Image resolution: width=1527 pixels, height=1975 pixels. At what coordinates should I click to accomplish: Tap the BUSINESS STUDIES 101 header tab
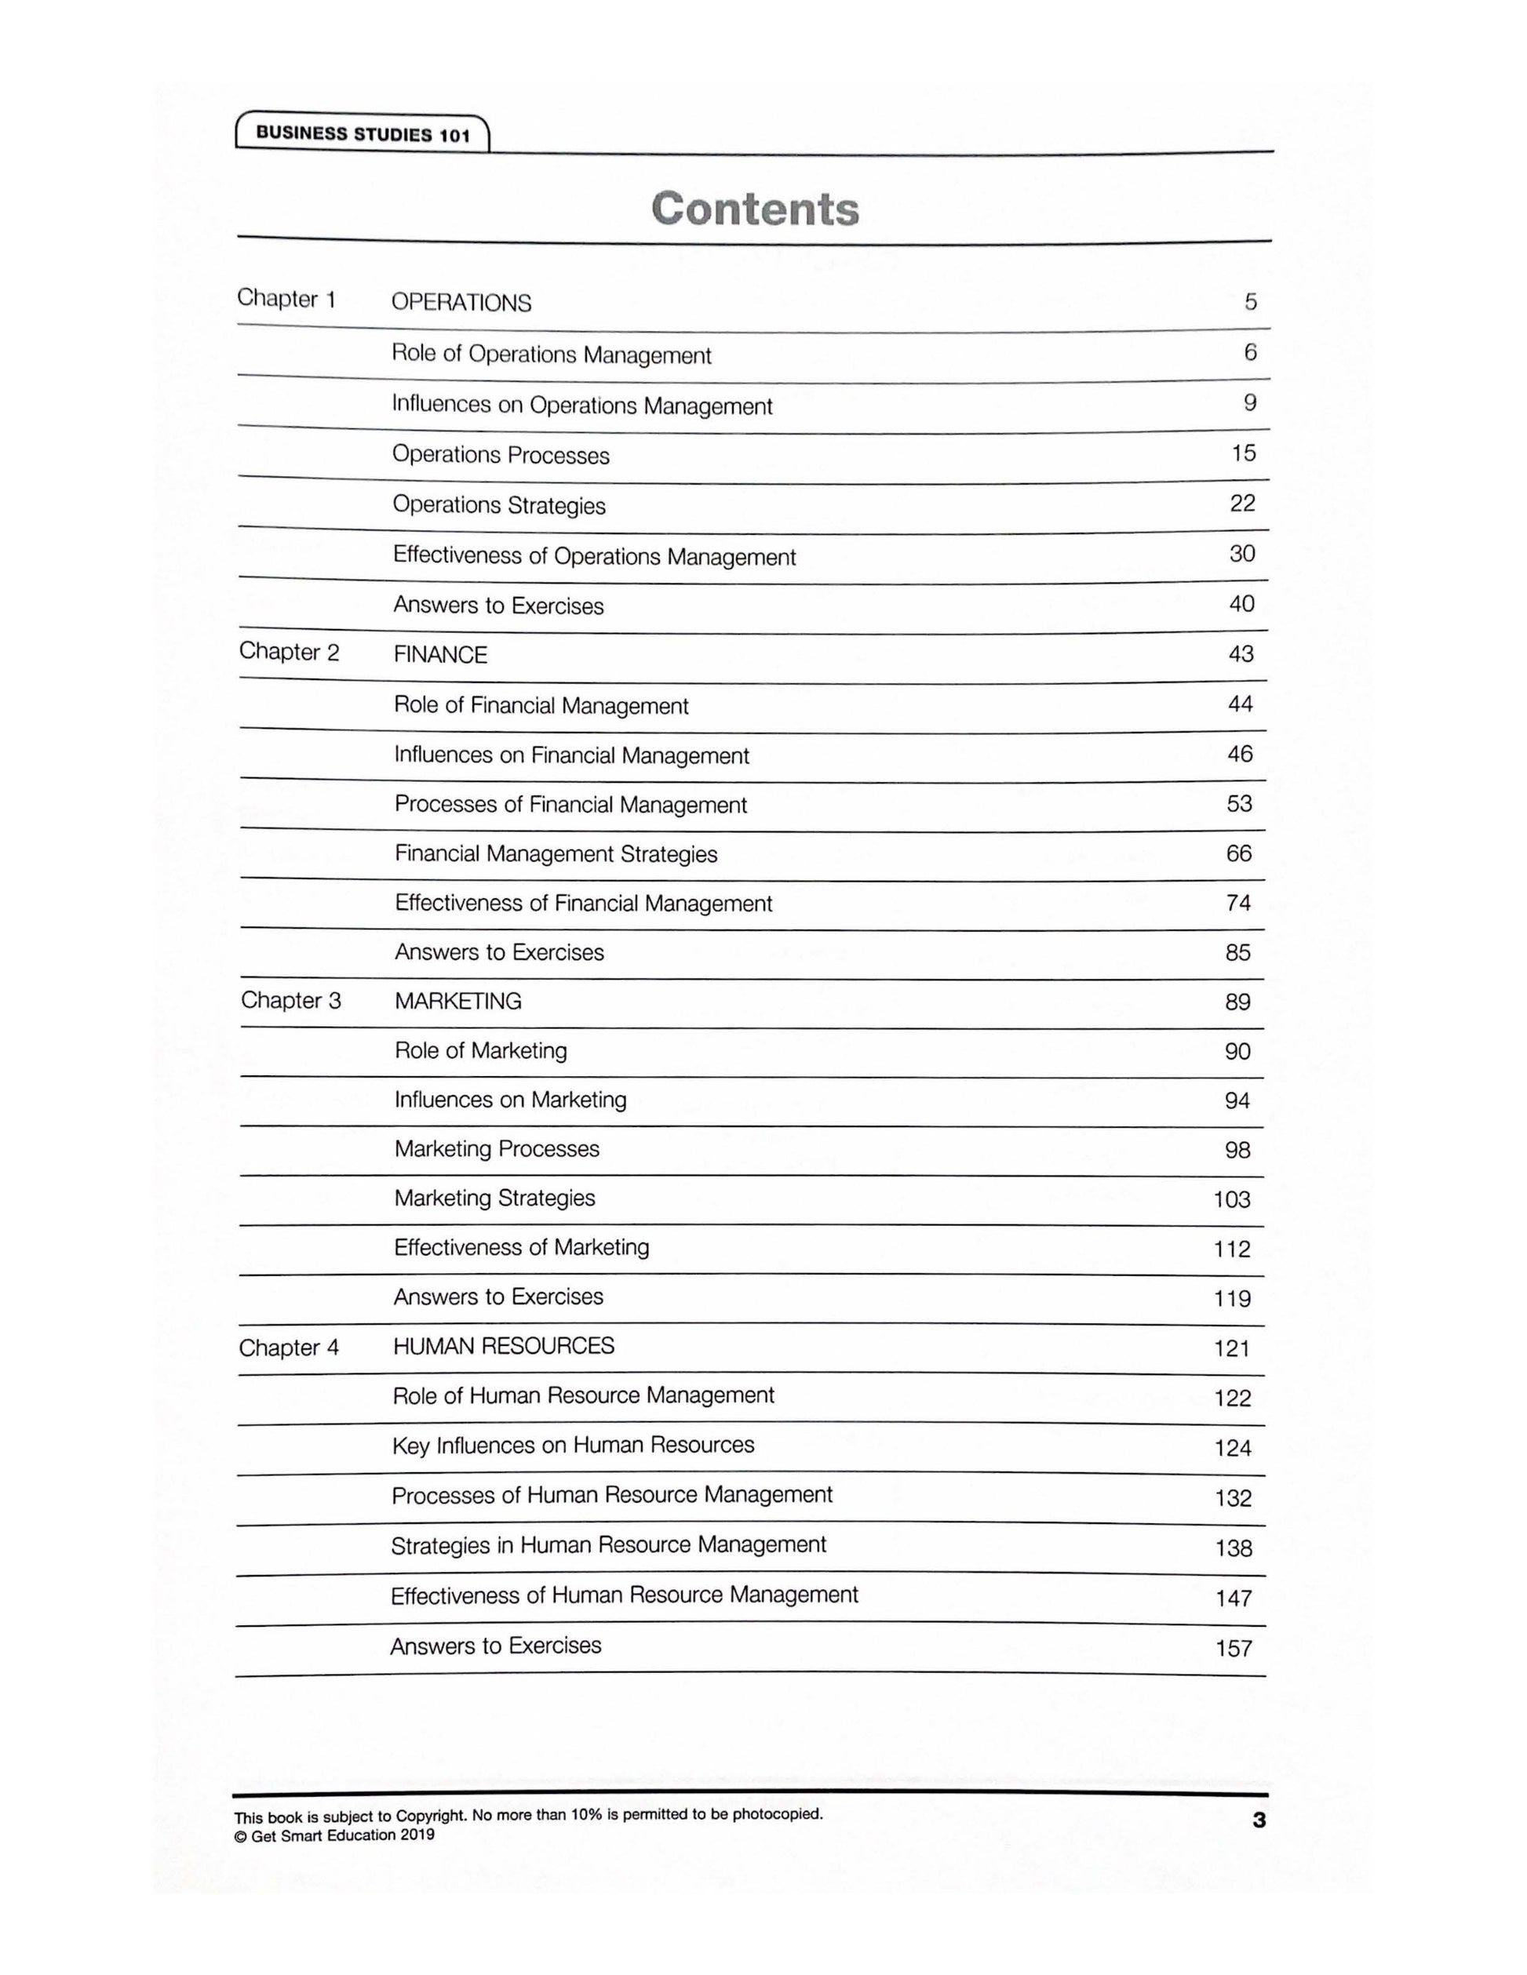coord(363,135)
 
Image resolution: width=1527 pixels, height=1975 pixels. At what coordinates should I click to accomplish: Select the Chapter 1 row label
coord(286,300)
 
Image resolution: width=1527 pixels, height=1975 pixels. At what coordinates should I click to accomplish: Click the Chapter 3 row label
coord(290,1000)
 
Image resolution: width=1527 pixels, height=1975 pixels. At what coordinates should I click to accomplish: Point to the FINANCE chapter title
coord(439,655)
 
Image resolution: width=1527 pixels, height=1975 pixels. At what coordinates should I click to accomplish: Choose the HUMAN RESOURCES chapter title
coord(503,1347)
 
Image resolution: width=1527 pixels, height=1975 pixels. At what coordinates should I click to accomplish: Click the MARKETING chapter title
coord(457,1001)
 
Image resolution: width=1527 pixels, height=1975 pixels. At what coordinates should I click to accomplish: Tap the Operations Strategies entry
coord(498,505)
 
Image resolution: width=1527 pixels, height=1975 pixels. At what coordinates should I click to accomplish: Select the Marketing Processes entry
coord(497,1148)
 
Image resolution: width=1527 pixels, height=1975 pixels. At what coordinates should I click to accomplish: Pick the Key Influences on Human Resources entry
coord(573,1445)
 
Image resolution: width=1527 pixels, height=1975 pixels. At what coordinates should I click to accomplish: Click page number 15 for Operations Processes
coord(1243,453)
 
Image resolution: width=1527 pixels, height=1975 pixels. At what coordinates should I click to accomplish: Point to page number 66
coord(1238,853)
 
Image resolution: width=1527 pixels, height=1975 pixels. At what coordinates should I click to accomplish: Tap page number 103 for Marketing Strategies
coord(1231,1200)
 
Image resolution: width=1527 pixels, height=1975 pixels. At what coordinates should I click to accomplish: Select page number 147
coord(1232,1599)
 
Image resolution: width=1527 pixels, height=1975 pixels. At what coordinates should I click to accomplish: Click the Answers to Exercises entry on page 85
coord(499,952)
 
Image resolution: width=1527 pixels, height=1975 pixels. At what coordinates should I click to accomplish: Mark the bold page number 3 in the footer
coord(1259,1821)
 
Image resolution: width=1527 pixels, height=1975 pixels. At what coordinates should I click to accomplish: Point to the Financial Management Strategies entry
coord(556,855)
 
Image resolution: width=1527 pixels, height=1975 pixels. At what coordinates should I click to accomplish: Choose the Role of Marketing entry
coord(480,1051)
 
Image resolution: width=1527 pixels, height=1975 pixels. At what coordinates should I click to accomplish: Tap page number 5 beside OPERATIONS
coord(1250,302)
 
